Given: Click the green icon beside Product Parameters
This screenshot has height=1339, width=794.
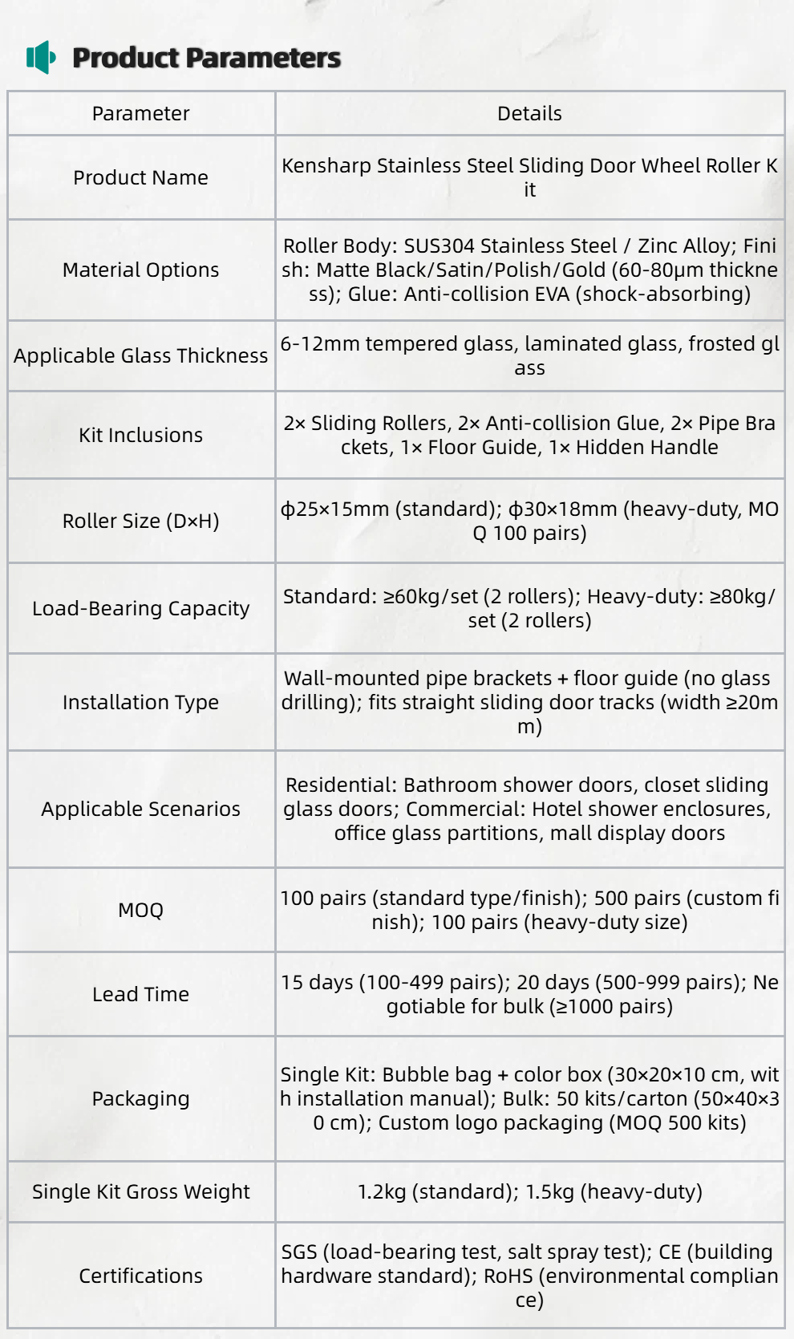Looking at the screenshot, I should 41,57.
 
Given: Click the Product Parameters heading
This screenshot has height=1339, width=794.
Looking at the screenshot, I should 206,58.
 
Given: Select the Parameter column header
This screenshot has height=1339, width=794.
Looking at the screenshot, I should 140,114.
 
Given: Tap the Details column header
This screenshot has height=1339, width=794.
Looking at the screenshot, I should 529,114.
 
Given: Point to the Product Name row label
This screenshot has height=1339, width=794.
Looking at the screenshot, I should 140,177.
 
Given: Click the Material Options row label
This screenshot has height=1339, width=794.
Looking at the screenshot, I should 140,270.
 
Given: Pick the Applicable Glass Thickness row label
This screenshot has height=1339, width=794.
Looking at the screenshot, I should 140,355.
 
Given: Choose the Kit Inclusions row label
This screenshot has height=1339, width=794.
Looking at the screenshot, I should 140,435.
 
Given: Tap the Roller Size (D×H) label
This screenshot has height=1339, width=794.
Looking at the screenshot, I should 140,521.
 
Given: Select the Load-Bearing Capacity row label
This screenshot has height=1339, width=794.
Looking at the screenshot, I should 140,608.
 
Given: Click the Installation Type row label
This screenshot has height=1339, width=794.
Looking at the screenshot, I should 140,702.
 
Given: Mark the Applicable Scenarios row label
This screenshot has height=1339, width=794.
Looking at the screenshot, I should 140,809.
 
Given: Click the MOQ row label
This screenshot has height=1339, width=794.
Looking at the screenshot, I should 140,910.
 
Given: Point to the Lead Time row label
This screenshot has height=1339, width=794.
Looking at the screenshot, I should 140,994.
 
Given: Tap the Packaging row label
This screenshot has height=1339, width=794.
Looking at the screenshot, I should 140,1098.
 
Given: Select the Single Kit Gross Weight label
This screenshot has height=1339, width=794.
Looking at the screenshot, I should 140,1191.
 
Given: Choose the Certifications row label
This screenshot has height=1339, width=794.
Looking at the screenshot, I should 140,1276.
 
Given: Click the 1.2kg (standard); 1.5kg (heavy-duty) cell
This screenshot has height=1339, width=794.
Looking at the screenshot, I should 529,1191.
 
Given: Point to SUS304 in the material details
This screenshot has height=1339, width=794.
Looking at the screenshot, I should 439,246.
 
